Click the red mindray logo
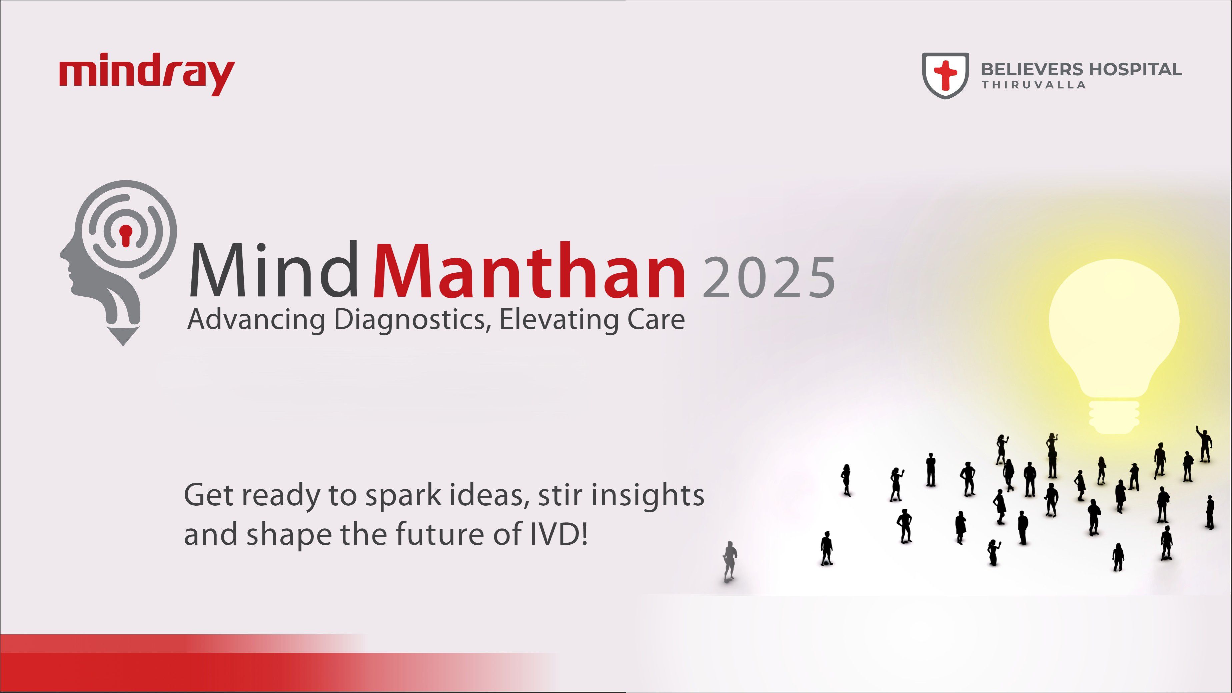click(147, 77)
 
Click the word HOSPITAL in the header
click(1135, 70)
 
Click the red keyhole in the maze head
click(125, 235)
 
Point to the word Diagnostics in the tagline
click(410, 320)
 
